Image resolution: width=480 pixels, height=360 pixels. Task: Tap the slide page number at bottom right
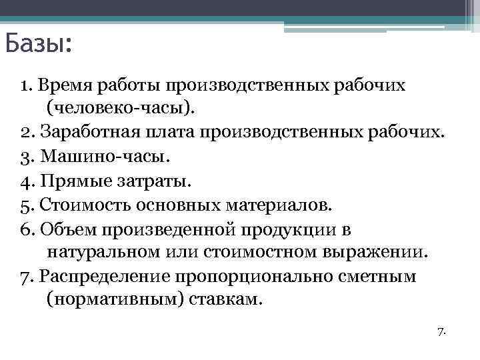[x=441, y=331]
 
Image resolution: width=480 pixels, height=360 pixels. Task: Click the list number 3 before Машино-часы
[x=24, y=156]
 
